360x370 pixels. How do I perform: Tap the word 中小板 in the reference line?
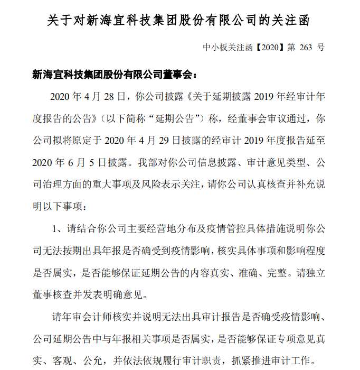214,47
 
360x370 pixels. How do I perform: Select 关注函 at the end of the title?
293,21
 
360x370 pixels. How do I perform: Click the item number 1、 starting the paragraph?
58,228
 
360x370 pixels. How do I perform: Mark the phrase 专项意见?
300,339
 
